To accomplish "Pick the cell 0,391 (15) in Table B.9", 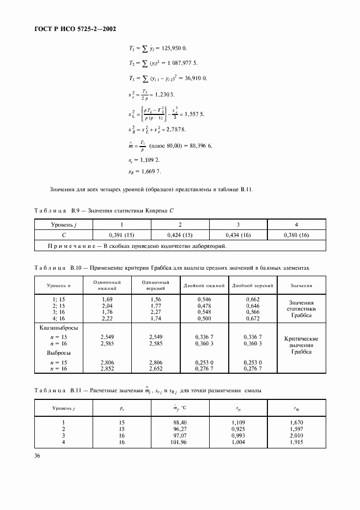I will pos(121,235).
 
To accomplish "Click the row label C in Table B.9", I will pos(64,235).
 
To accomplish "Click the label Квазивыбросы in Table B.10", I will pos(59,329).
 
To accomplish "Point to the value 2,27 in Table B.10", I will pos(107,312).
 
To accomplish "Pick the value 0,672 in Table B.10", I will pos(252,318).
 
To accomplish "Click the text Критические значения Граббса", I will pos(301,345).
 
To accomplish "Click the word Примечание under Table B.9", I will pos(74,246).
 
